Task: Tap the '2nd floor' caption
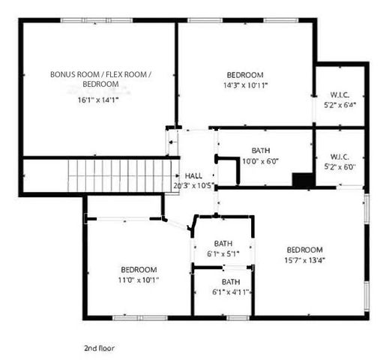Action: point(99,349)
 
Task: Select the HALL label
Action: point(193,175)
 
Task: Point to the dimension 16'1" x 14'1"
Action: point(97,99)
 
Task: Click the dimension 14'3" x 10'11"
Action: point(245,85)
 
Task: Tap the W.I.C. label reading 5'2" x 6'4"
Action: point(340,105)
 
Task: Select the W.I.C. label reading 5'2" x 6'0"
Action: point(340,166)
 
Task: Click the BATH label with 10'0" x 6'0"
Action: point(260,150)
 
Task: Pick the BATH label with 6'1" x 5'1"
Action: point(223,244)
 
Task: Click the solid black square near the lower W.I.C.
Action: point(303,180)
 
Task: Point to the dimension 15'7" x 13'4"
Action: point(304,260)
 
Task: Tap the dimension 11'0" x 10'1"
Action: point(139,280)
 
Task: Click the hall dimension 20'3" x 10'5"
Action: point(193,184)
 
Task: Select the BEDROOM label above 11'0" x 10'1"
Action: point(139,270)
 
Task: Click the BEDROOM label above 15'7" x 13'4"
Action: point(304,250)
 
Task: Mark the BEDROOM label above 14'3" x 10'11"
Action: point(245,75)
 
